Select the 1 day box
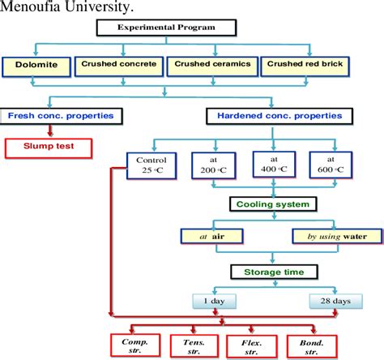[213, 301]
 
